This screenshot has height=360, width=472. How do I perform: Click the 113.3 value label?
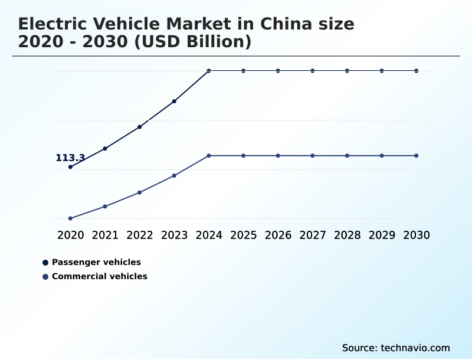coord(70,158)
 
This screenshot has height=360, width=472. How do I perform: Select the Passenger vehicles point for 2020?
coord(70,167)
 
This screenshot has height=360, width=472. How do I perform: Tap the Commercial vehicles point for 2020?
coord(70,218)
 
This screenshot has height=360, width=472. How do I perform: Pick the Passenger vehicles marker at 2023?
coord(174,102)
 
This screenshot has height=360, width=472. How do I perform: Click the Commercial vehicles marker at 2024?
coord(209,156)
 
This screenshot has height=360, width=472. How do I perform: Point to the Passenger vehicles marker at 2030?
coord(417,71)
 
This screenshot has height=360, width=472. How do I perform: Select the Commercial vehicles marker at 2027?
coord(313,156)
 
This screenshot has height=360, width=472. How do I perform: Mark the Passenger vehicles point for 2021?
coord(105,149)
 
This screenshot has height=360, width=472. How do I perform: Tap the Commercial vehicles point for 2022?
coord(140,192)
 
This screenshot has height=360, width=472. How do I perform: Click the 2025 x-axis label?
coord(243,235)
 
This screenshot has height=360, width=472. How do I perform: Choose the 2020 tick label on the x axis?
coord(70,235)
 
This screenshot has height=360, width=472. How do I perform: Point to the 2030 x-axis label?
coord(417,235)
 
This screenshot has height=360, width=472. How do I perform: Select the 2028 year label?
coord(347,235)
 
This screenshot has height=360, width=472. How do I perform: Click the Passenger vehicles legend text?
coord(96,262)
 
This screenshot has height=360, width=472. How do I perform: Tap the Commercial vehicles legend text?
coord(99,276)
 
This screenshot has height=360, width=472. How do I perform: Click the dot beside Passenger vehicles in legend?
coord(45,263)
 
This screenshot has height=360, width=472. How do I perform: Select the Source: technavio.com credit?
coord(396,348)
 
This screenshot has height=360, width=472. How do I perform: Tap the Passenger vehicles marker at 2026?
coord(278,71)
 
